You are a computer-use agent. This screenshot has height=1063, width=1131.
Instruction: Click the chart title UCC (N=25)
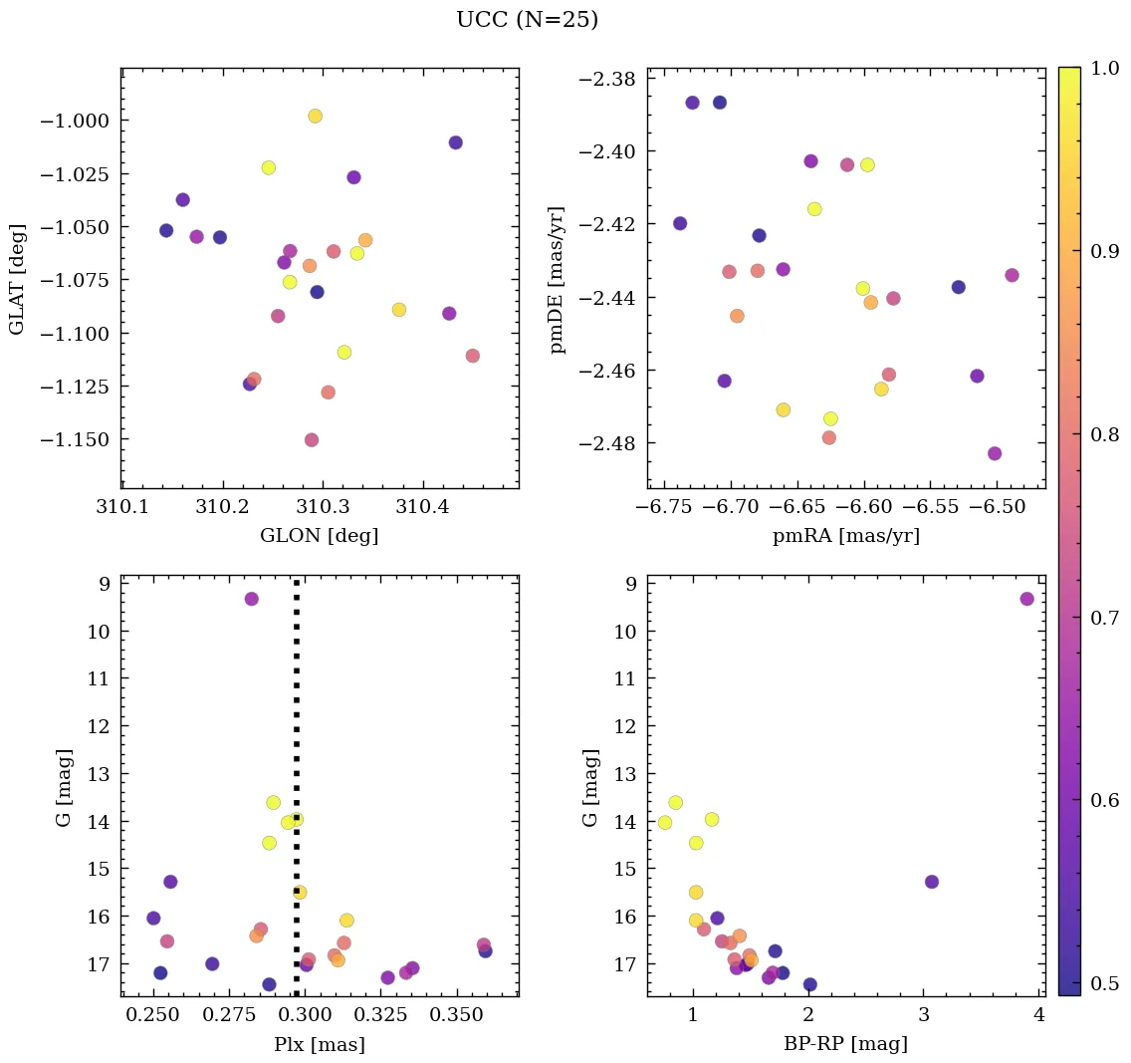(x=527, y=20)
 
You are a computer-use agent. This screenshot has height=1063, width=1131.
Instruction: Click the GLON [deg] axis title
(x=319, y=536)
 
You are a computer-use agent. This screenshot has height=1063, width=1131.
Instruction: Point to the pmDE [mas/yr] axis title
(x=558, y=279)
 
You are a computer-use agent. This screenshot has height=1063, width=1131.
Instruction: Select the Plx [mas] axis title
(x=319, y=1045)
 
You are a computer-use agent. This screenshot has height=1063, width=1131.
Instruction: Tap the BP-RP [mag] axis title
(x=845, y=1045)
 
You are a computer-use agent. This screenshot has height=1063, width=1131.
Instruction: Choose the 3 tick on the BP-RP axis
(x=923, y=1016)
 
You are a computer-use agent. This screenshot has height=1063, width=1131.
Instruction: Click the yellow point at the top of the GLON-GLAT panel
(x=315, y=116)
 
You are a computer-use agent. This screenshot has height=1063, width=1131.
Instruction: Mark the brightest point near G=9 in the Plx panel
(x=252, y=599)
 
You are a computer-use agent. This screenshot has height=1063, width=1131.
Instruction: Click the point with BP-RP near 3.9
(x=1026, y=599)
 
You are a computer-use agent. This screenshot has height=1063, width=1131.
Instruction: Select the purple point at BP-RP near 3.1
(x=931, y=882)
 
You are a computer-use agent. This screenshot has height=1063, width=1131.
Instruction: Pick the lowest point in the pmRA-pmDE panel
(x=995, y=453)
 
